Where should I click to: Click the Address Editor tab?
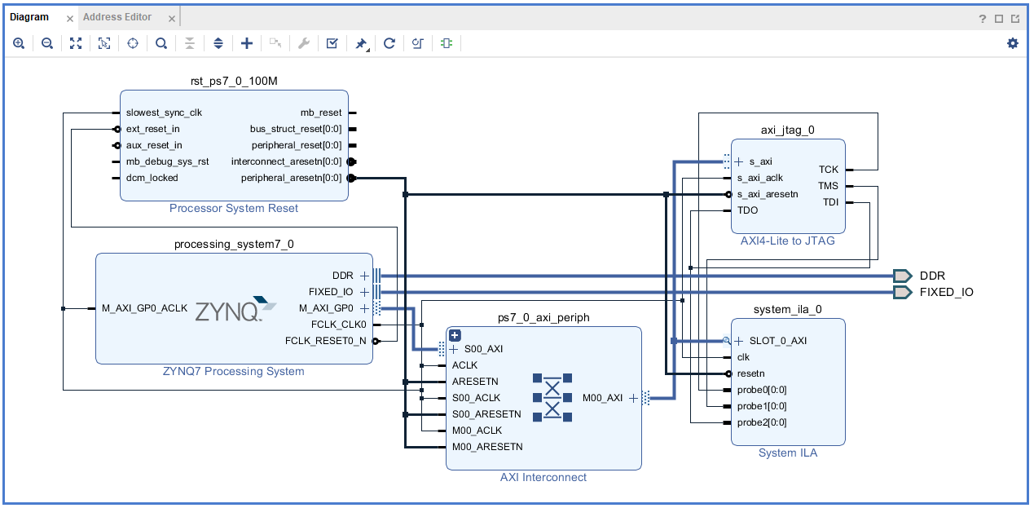[117, 17]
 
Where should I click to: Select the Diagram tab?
[29, 17]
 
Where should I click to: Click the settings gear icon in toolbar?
[1012, 43]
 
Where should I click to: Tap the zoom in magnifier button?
[19, 43]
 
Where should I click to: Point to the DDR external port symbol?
[902, 276]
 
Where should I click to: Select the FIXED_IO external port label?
[946, 292]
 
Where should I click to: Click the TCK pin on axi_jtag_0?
[828, 170]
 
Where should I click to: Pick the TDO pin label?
[747, 210]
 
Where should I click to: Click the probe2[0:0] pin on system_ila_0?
[761, 422]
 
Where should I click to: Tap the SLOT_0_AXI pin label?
[777, 341]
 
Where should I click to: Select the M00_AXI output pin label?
[602, 398]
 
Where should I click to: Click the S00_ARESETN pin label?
[486, 414]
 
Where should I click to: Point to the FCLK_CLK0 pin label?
[338, 325]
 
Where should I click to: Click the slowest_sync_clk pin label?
[164, 113]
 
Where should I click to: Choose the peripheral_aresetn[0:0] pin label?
[291, 178]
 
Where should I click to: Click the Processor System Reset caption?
[234, 208]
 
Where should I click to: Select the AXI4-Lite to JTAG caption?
[787, 241]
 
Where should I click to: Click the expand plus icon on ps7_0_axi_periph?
[455, 335]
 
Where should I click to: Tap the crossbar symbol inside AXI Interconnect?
[552, 398]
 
